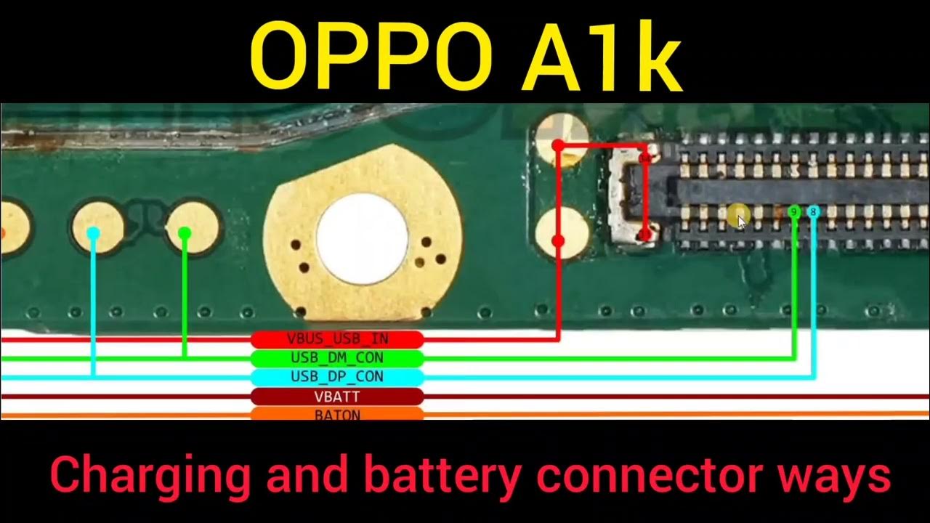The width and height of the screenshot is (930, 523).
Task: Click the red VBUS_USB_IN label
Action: click(337, 338)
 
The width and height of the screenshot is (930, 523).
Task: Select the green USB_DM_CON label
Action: click(337, 358)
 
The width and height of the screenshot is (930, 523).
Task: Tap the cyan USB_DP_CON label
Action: click(337, 377)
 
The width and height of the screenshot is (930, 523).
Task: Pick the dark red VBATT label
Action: click(337, 397)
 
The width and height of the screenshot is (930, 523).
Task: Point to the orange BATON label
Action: click(337, 414)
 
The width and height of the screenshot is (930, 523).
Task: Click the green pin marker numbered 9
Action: click(794, 211)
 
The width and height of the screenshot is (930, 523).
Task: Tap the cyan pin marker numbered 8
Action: click(813, 211)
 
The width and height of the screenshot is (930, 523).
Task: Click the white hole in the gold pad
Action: click(362, 238)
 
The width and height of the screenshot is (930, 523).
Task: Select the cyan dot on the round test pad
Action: click(93, 232)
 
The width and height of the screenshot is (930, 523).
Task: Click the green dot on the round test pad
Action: click(185, 232)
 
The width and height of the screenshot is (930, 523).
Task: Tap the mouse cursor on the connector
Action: click(740, 220)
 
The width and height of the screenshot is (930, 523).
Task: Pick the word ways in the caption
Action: click(835, 476)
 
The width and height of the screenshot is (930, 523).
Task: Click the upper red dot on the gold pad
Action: click(557, 145)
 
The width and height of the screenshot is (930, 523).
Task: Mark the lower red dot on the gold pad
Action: click(558, 240)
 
